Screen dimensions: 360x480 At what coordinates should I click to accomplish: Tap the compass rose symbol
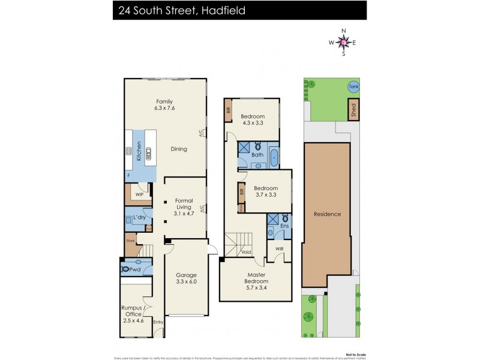coord(343,42)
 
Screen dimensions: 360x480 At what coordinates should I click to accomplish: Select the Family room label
coord(165,104)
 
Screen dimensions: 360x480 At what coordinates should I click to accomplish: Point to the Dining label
coord(179,149)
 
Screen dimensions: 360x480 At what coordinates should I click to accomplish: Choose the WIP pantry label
coord(139,194)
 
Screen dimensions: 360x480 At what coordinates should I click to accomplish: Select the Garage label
coord(186,277)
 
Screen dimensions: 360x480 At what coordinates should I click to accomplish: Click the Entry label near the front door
coord(158,322)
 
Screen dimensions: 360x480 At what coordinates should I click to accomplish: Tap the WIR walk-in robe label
coord(279,248)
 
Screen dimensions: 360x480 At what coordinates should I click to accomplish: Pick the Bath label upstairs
coord(257,155)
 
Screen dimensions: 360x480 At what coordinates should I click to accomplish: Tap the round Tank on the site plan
coord(353,86)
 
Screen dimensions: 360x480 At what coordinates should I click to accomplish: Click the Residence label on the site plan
coord(327,214)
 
